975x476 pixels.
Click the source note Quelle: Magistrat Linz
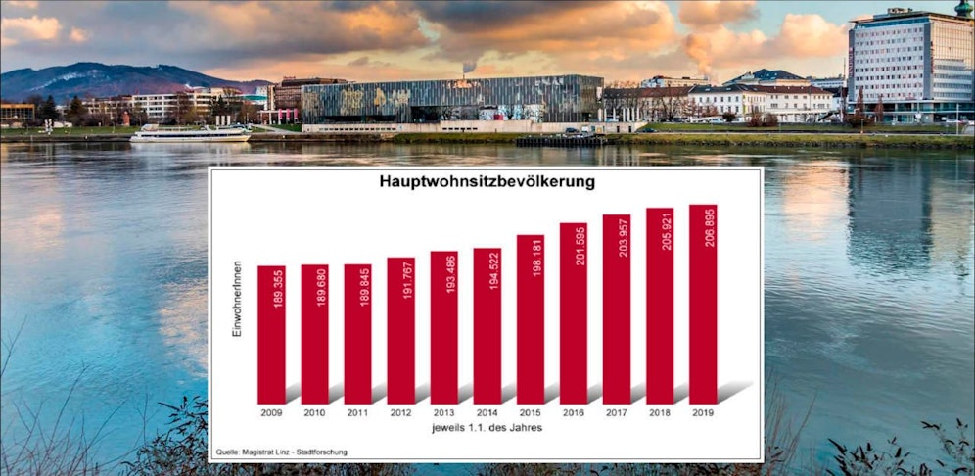coord(282,452)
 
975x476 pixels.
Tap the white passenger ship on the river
coord(191,134)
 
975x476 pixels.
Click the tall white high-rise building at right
coord(909,64)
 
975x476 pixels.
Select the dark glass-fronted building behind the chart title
coord(450,100)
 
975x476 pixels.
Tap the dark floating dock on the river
coord(561,141)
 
